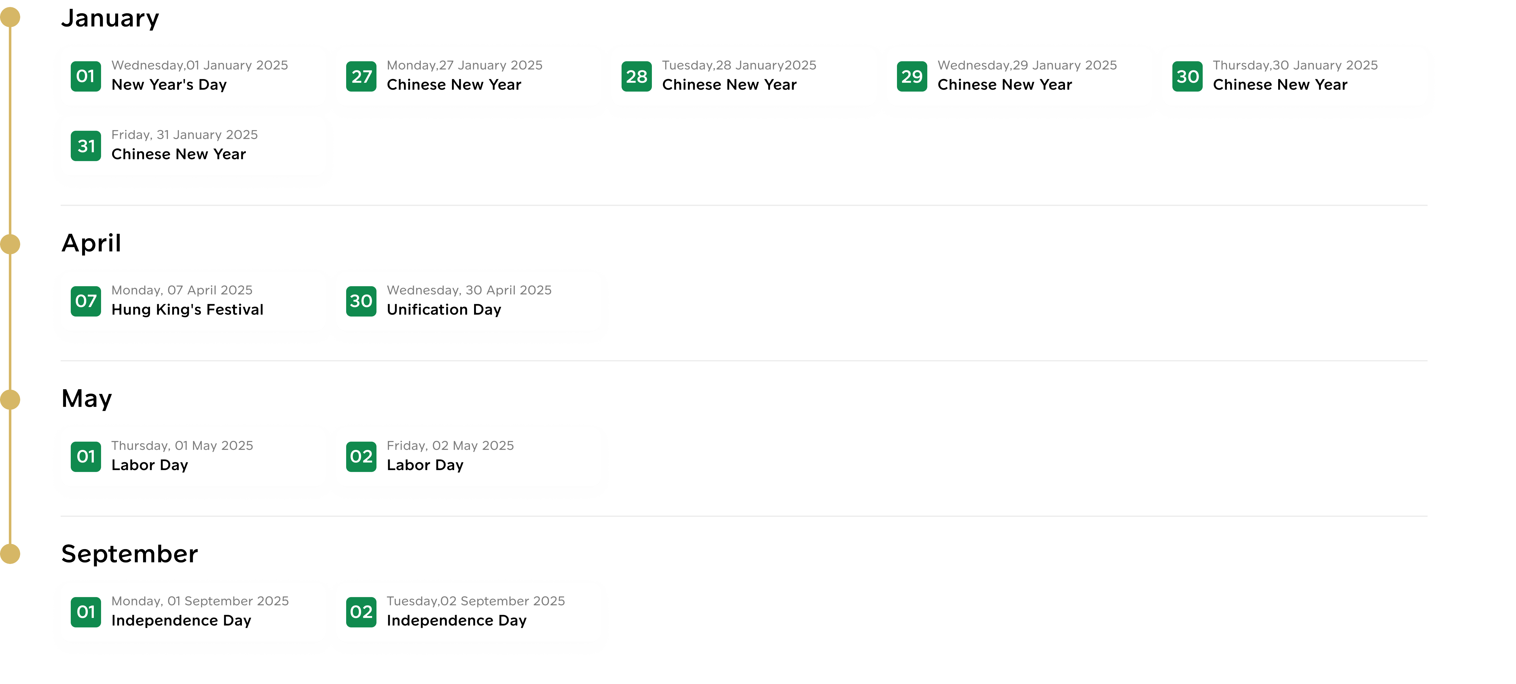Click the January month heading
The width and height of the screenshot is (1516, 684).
tap(110, 18)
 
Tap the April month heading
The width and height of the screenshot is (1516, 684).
tap(91, 243)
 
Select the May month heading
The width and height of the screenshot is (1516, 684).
tap(87, 398)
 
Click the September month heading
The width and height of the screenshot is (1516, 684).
tap(129, 554)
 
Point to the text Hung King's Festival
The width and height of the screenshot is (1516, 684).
tap(187, 310)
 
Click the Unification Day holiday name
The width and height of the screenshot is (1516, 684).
tap(444, 310)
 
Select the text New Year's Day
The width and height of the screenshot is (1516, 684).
tap(169, 85)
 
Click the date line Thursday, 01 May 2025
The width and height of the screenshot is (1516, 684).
tap(182, 445)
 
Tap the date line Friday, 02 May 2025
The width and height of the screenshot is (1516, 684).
tap(450, 445)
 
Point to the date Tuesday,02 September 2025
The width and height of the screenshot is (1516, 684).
tap(476, 601)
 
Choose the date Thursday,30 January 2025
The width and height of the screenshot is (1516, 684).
tap(1295, 65)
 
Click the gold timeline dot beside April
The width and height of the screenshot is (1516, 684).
tap(10, 244)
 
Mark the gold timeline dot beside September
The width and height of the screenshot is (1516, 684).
tap(10, 554)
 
